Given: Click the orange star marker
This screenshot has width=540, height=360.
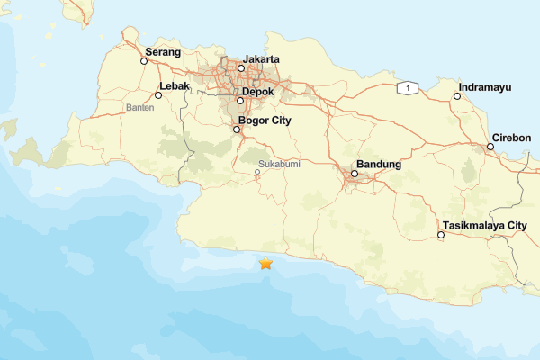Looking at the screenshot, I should (x=265, y=264).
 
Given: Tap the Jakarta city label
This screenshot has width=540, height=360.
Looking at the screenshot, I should (x=261, y=59).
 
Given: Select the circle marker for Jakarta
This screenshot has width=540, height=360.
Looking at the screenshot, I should (x=241, y=68).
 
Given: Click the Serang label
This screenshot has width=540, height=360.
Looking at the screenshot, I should (x=163, y=53).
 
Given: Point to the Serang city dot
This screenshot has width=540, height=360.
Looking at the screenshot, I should (x=144, y=62).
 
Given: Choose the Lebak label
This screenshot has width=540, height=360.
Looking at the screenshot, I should (x=173, y=87).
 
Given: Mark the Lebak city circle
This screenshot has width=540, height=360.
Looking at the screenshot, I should (x=159, y=95).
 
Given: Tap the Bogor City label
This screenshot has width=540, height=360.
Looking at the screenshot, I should (x=266, y=120).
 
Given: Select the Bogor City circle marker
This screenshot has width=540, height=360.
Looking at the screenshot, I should (x=238, y=130).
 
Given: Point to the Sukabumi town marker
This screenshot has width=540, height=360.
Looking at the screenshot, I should (x=257, y=173).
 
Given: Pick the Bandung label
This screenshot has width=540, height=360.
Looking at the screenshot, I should (x=378, y=165).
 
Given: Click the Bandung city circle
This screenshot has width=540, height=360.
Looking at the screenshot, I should (x=355, y=174).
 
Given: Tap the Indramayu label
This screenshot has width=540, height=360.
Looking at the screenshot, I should (x=485, y=87).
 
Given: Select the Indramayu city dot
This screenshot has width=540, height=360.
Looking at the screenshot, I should (x=457, y=96).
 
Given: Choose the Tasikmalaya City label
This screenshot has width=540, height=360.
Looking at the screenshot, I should (x=485, y=225).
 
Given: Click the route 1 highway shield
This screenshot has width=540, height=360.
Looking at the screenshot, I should (x=409, y=87).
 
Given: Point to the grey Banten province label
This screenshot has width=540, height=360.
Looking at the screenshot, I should (x=140, y=107).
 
